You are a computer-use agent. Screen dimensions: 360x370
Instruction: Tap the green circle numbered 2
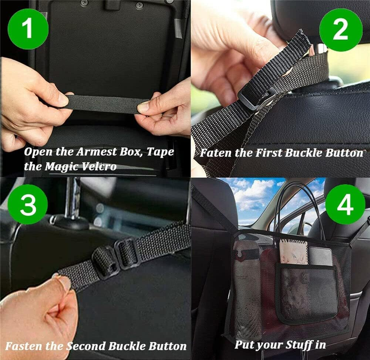click(340, 30)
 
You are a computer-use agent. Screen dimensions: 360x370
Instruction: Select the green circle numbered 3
click(28, 204)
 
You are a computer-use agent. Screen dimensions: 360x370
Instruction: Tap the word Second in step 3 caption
click(86, 346)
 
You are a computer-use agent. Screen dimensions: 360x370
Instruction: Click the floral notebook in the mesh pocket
click(293, 251)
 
